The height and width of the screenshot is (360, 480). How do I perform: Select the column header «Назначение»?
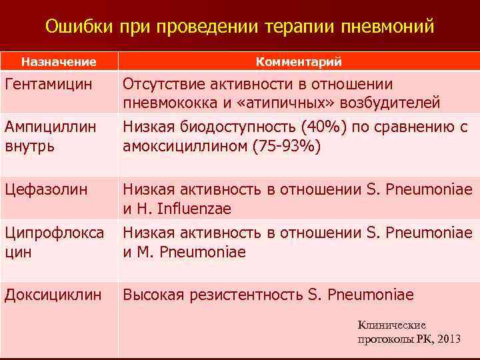pyautogui.click(x=59, y=62)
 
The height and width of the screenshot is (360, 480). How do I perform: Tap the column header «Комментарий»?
pyautogui.click(x=299, y=62)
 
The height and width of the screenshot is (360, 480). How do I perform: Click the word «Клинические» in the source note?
pyautogui.click(x=391, y=325)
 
